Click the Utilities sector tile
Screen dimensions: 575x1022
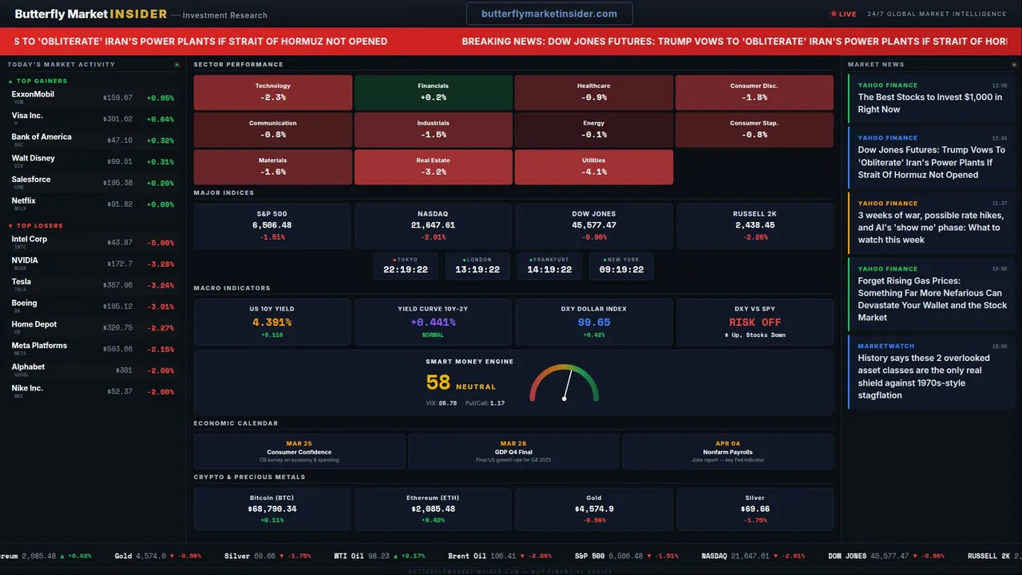pos(593,166)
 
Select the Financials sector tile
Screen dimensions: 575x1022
pos(433,92)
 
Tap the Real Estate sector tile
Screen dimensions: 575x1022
pos(433,166)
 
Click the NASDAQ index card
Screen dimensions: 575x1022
pos(433,225)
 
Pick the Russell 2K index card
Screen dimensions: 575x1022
pos(755,225)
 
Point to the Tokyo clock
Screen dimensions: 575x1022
pos(406,266)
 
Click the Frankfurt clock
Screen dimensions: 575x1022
pos(549,266)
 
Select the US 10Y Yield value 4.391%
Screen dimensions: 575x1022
pos(271,323)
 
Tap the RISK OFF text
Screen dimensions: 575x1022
pos(755,323)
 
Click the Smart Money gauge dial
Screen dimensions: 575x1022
pos(564,384)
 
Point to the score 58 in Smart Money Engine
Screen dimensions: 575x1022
pos(438,383)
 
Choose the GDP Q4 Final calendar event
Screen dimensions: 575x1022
pos(513,451)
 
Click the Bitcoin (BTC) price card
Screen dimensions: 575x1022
pos(272,508)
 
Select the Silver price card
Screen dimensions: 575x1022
pos(755,508)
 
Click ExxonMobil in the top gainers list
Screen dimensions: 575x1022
pos(33,94)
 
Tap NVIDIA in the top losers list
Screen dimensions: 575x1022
pos(25,260)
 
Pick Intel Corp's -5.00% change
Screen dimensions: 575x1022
pos(160,243)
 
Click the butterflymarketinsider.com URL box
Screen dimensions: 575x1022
pos(549,14)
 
